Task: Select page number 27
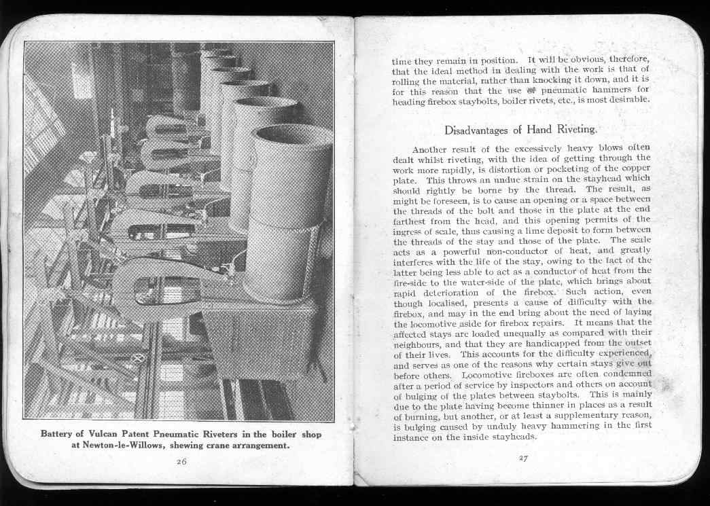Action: tap(522, 458)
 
